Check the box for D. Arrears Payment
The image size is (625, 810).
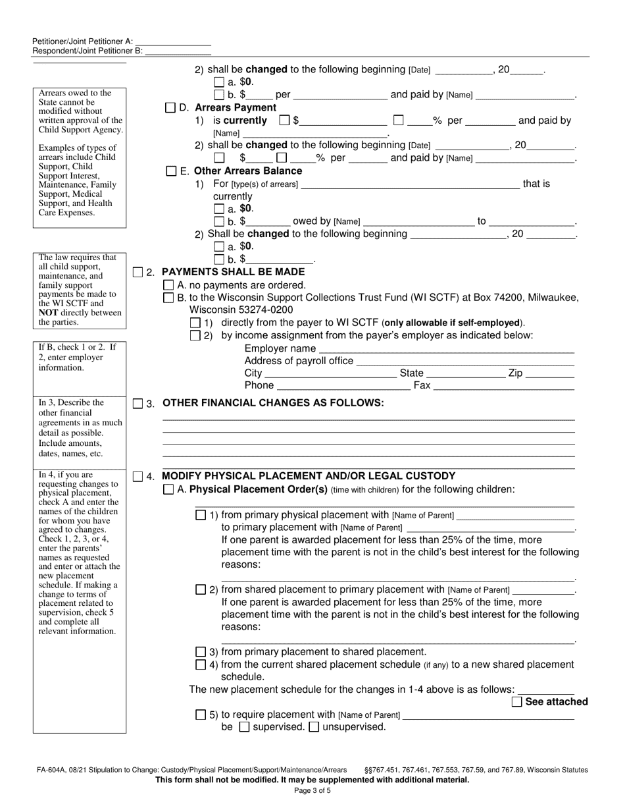click(x=170, y=108)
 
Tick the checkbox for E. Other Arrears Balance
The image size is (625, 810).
click(x=171, y=171)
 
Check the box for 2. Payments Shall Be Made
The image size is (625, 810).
click(x=137, y=272)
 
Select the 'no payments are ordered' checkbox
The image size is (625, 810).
click(x=168, y=285)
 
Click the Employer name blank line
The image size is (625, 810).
click(x=446, y=348)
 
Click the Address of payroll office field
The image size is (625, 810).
click(x=465, y=361)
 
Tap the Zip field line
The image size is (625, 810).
click(x=550, y=373)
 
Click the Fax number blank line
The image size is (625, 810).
click(x=503, y=386)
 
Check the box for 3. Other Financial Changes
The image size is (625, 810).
click(x=137, y=404)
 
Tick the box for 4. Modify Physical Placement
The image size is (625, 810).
click(x=137, y=476)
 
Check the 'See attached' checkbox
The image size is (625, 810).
click(x=517, y=702)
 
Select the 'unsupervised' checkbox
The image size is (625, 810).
click(x=314, y=727)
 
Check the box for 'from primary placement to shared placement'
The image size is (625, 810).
click(x=201, y=651)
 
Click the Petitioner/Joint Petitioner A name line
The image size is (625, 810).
click(x=173, y=42)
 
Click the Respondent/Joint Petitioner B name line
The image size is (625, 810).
click(x=178, y=51)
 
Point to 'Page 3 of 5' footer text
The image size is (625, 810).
click(x=312, y=790)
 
